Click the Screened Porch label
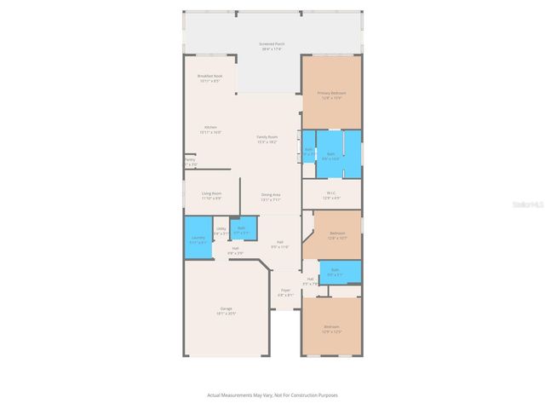[x=272, y=47]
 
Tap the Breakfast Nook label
[x=209, y=78]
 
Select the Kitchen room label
[x=209, y=130]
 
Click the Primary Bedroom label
[x=331, y=95]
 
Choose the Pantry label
[x=189, y=162]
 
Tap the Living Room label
[x=211, y=195]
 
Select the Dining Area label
[x=271, y=197]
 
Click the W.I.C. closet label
[x=332, y=194]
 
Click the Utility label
[x=221, y=230]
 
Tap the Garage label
[x=227, y=310]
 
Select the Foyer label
[x=286, y=293]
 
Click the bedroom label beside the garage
[x=331, y=329]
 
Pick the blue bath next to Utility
[x=242, y=229]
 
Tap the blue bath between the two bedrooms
[x=336, y=272]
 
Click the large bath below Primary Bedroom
[x=332, y=156]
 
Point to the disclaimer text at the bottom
[x=272, y=395]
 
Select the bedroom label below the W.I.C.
[x=337, y=235]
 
